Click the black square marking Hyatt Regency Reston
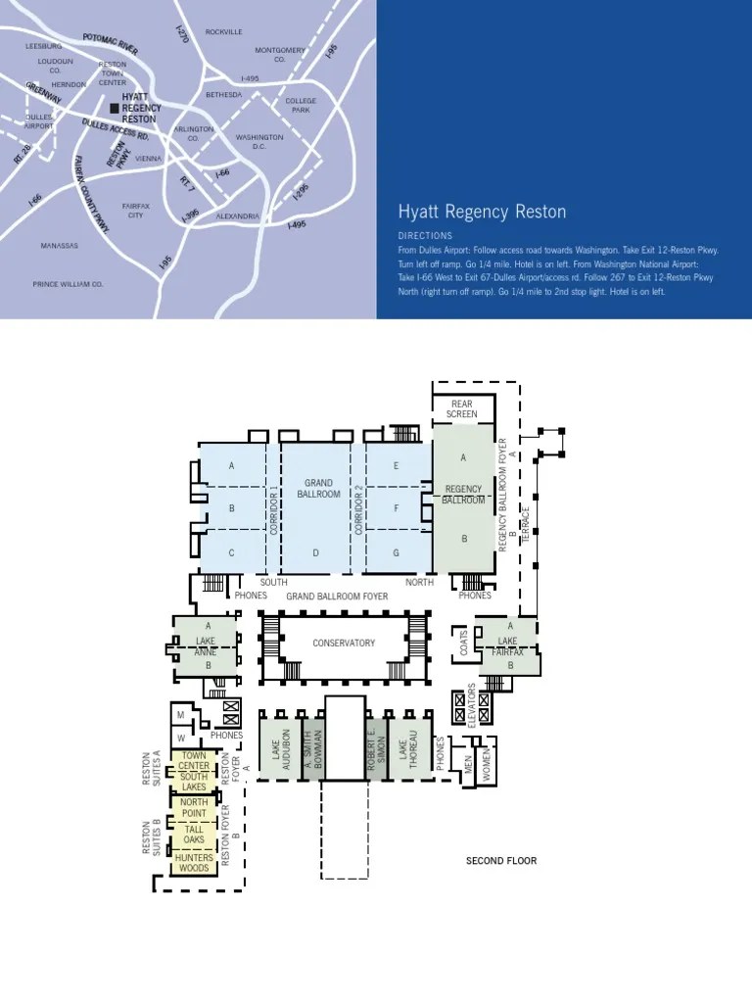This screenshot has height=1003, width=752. [x=115, y=107]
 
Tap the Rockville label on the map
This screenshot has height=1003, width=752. [x=223, y=32]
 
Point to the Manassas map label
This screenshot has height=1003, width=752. [x=59, y=245]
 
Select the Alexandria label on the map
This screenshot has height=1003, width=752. [x=237, y=215]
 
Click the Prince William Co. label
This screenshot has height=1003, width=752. [x=68, y=284]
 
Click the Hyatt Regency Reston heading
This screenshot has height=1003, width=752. [x=481, y=213]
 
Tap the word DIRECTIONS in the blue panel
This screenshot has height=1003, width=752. [x=425, y=236]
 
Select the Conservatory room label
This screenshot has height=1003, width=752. [x=344, y=644]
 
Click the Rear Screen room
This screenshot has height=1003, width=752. [x=462, y=408]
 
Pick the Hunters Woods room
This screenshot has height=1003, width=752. [x=194, y=863]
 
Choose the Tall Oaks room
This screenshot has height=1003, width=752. [x=194, y=835]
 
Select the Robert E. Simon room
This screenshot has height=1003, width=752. [x=372, y=747]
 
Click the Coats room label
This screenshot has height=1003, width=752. [x=462, y=643]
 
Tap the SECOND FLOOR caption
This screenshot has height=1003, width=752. [x=500, y=861]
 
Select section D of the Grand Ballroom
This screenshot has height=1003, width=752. [x=316, y=552]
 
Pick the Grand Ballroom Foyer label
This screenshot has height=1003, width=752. [x=337, y=596]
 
